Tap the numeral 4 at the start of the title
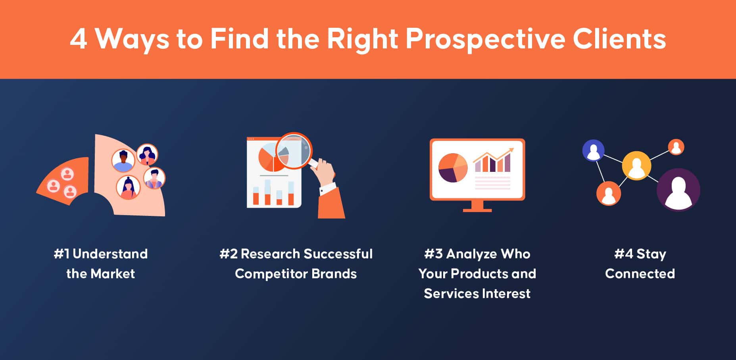79,39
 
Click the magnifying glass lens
294,151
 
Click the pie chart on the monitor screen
453,167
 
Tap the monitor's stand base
477,210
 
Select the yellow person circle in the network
636,166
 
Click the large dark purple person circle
678,190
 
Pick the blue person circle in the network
593,150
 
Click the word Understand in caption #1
110,254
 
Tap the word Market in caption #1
113,273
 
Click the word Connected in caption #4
640,273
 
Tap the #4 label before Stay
624,254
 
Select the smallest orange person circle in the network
676,147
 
